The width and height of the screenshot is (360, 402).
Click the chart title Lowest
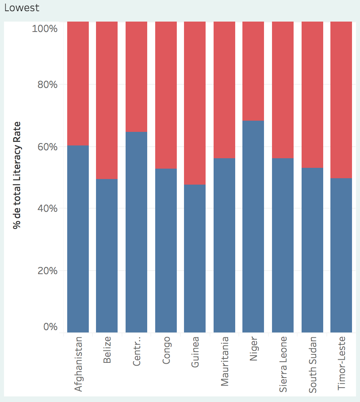[22, 8]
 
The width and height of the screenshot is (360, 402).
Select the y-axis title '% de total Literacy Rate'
[17, 175]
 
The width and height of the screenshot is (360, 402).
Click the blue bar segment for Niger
[253, 226]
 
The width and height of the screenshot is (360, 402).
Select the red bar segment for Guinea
[195, 103]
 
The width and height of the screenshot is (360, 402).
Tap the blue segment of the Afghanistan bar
[78, 239]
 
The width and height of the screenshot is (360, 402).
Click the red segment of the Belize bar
[107, 100]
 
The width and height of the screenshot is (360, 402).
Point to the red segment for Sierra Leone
[283, 90]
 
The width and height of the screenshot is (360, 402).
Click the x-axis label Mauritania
[224, 361]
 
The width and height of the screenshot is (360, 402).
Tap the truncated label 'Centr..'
[136, 352]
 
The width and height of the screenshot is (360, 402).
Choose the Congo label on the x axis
[166, 350]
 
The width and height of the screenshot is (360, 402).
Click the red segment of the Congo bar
[166, 95]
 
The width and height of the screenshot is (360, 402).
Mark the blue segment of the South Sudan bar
[312, 250]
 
